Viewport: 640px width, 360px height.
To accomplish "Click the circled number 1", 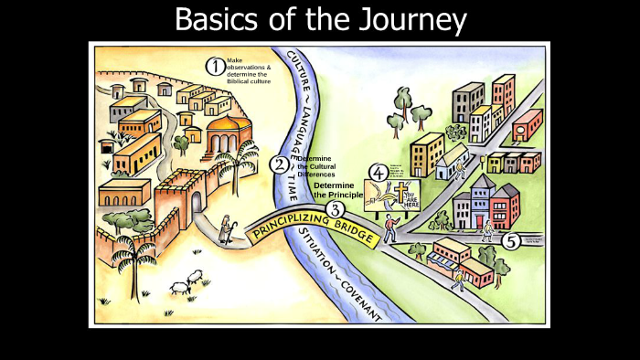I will [214, 66].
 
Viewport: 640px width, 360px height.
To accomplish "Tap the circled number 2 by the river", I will [279, 165].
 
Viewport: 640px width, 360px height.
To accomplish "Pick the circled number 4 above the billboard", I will [378, 172].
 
